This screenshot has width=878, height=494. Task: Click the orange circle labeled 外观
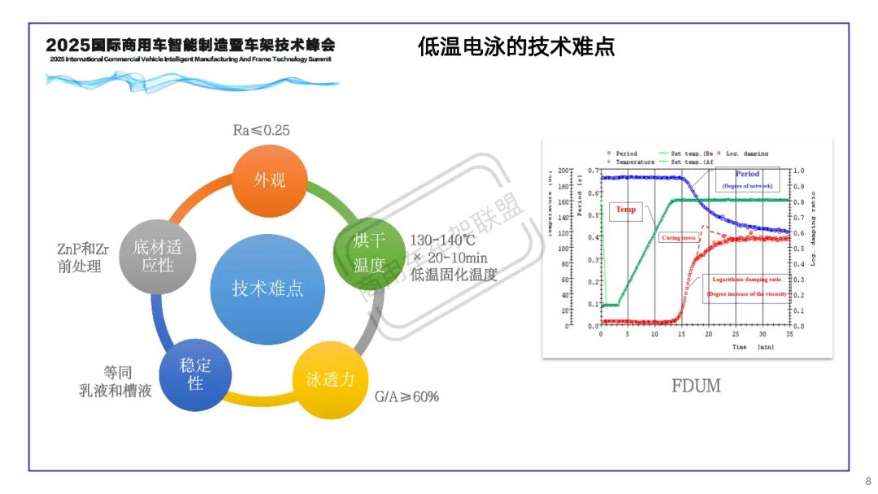point(269,180)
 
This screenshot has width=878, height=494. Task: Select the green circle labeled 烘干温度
point(367,253)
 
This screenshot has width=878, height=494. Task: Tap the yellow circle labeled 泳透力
point(330,379)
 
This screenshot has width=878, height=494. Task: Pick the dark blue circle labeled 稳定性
point(195,374)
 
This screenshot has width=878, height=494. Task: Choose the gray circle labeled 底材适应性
point(158,255)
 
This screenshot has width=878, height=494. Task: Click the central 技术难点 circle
point(267,288)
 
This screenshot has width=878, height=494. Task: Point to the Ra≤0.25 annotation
point(261,130)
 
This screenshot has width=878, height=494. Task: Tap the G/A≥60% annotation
point(406,396)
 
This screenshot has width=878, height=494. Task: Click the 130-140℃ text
point(442,240)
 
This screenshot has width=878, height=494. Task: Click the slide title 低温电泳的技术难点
point(516,46)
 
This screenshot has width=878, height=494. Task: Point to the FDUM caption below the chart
point(696,385)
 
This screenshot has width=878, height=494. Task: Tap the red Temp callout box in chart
point(626,210)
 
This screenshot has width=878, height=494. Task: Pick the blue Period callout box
point(747,180)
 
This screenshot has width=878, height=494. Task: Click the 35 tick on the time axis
point(789,335)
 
